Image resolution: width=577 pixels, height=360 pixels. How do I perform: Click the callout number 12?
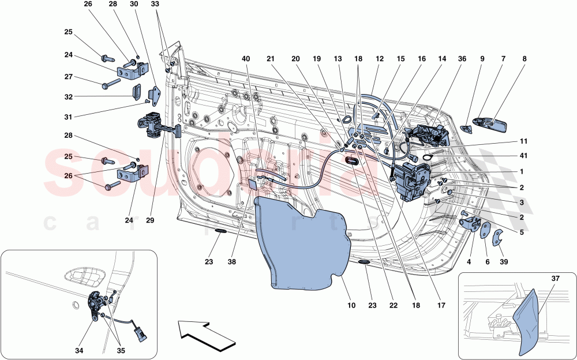click(x=380, y=59)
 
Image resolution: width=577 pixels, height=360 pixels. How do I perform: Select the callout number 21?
click(x=271, y=59)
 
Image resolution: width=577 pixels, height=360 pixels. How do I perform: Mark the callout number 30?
click(x=133, y=4)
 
